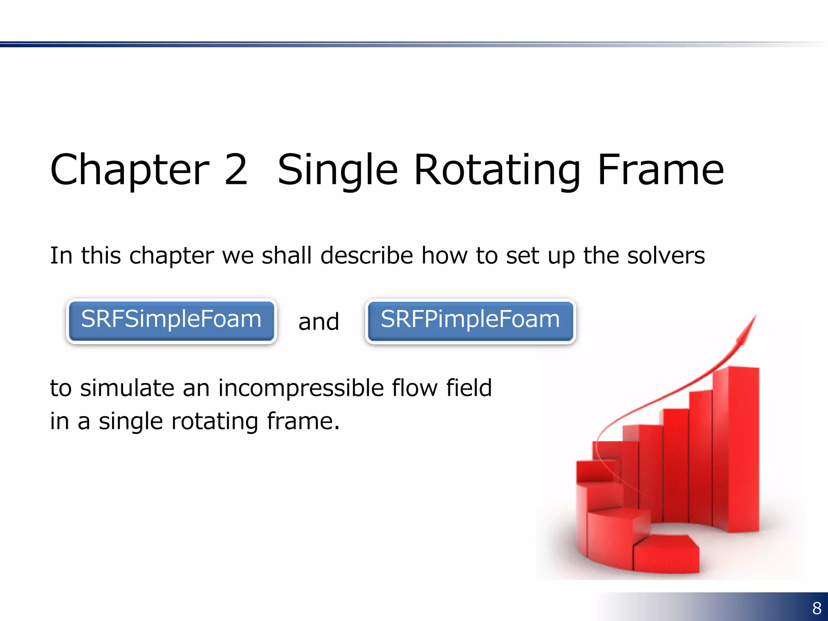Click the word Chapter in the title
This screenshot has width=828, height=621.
130,171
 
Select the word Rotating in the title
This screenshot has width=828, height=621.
497,171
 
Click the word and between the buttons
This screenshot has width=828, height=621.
319,322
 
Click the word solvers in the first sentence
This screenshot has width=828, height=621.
665,256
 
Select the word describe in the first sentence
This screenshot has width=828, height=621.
367,256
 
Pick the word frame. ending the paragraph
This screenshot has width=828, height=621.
303,421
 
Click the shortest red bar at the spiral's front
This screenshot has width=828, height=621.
666,554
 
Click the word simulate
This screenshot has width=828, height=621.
127,388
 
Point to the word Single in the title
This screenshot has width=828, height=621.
338,171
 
